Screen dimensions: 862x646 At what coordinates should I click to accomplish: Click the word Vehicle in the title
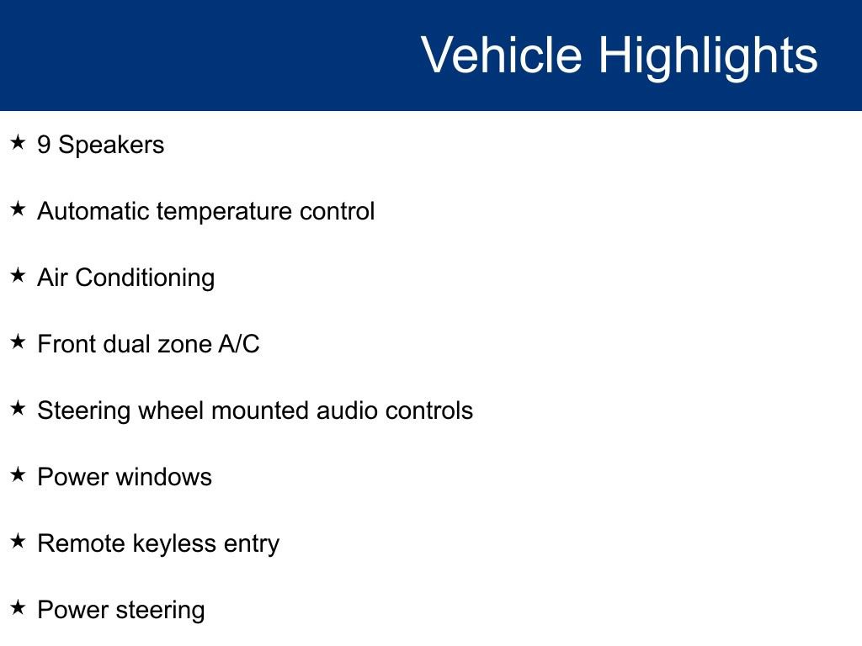[502, 55]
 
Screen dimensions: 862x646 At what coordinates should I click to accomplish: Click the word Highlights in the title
[708, 56]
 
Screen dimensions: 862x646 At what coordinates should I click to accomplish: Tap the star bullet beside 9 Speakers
[18, 143]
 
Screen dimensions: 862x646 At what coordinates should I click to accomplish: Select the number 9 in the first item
[44, 145]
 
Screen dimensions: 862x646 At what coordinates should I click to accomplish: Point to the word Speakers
[111, 145]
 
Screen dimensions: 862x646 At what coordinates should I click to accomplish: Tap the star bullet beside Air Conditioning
[18, 275]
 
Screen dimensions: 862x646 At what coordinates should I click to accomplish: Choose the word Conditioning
[145, 278]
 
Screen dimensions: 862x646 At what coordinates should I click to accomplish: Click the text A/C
[238, 344]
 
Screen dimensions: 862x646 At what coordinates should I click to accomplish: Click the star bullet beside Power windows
[18, 474]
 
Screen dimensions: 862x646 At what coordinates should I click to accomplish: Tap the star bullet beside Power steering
[18, 607]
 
